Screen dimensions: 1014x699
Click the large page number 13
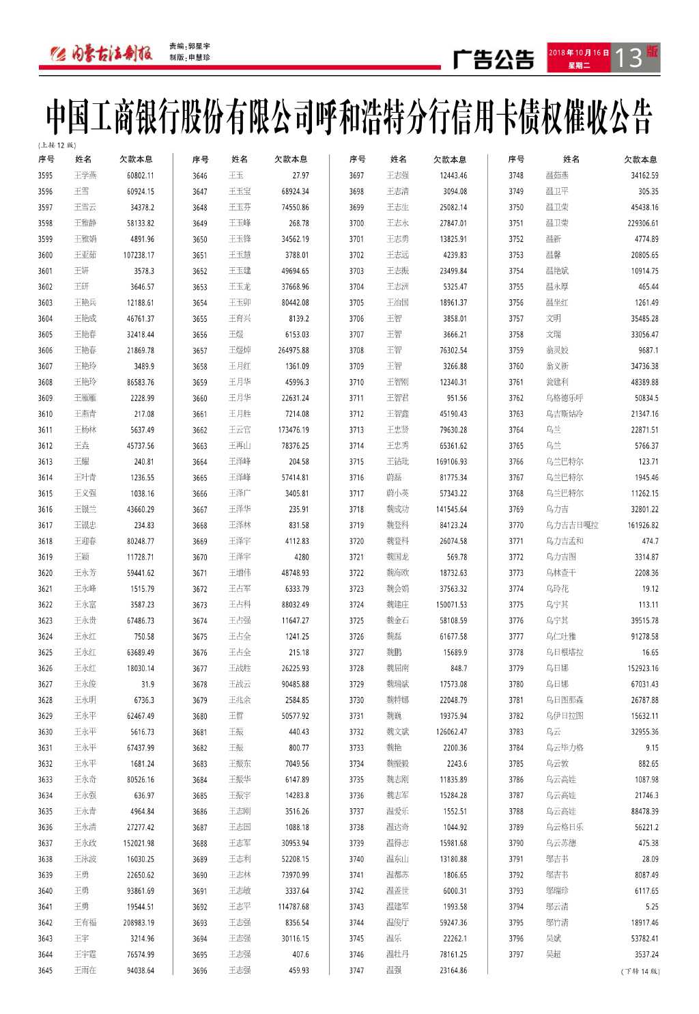628,58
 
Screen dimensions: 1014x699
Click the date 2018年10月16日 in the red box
578,53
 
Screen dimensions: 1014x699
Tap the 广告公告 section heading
494,59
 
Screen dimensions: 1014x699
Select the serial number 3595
45,176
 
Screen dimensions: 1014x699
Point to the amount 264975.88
293,351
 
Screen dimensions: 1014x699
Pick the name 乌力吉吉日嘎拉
572,525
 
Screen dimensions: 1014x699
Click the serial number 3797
516,955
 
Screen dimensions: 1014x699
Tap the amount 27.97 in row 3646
300,176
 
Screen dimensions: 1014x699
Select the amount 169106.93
451,462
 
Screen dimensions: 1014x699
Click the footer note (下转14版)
640,971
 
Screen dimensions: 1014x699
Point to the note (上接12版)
57,145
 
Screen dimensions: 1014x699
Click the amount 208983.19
139,923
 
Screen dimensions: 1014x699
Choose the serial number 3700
356,223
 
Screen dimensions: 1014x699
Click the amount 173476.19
293,430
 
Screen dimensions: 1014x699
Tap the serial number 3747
356,971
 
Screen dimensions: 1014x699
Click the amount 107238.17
139,256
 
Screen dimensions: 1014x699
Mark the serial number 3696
200,971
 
